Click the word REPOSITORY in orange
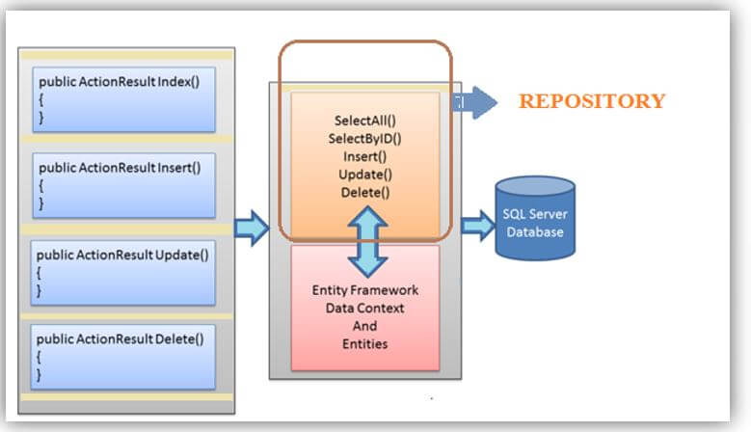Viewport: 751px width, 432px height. pos(592,100)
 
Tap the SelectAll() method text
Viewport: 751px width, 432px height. pos(365,121)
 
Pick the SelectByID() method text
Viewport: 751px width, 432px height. pos(365,139)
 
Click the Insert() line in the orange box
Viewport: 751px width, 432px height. pos(365,157)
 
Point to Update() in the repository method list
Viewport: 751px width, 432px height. pos(365,175)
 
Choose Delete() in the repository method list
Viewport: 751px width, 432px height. pos(365,192)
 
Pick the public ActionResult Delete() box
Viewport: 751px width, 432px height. pos(123,356)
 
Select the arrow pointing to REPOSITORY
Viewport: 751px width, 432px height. pos(476,101)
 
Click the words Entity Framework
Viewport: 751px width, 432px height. pos(365,290)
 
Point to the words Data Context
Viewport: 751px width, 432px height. pos(365,308)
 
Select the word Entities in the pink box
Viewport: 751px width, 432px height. pos(365,343)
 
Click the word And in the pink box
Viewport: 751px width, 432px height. pos(365,326)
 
